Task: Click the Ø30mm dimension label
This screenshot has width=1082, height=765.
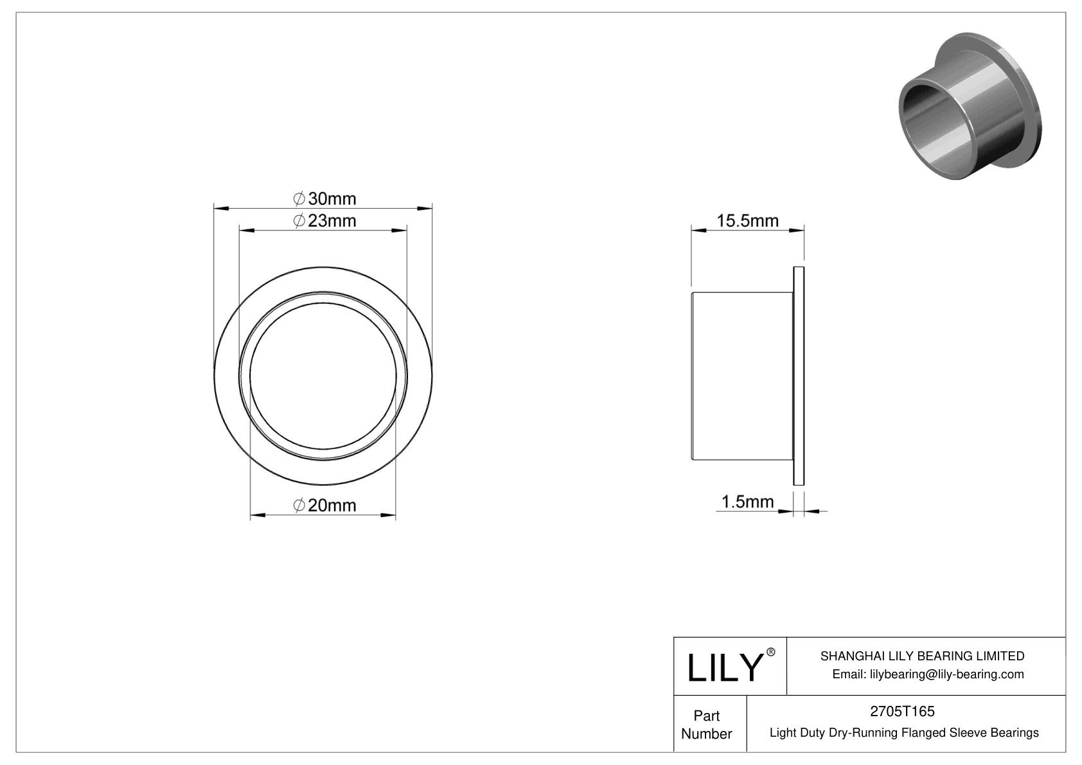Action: (324, 198)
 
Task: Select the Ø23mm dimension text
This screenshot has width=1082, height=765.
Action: (324, 221)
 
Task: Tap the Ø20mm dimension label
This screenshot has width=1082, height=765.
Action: (324, 506)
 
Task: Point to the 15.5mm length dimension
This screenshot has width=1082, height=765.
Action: (747, 221)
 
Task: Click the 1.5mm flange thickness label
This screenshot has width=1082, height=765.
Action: (747, 502)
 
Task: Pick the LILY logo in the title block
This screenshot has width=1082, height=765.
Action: (724, 667)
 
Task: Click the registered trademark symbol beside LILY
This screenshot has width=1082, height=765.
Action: (771, 652)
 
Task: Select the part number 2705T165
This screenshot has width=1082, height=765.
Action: (901, 711)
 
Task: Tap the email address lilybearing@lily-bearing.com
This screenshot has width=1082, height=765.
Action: (928, 674)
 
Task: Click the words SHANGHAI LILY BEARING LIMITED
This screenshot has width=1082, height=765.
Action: (922, 656)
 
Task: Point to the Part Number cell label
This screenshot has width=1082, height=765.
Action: (706, 725)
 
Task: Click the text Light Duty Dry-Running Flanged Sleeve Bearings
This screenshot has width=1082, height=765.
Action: (904, 732)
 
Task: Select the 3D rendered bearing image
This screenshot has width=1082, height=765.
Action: (968, 106)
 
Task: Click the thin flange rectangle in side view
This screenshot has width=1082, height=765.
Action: (799, 376)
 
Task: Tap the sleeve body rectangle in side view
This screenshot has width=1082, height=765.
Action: (741, 376)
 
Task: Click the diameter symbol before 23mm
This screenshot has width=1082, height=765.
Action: (299, 221)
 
